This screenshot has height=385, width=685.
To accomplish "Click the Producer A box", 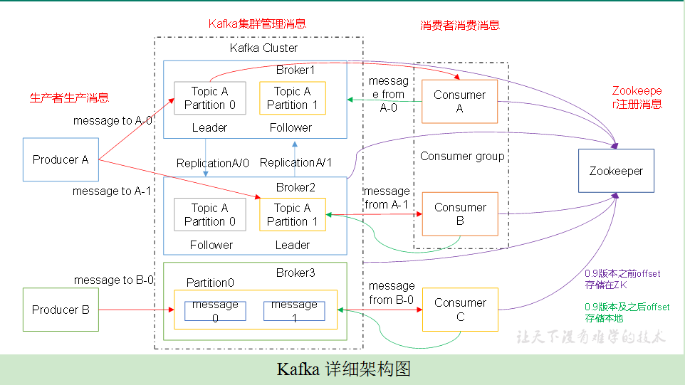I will pos(61,159).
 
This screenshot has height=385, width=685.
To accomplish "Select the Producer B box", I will pos(61,310).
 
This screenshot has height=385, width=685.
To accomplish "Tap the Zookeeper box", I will pos(616,171).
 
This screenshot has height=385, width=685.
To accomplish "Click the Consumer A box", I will pos(459,101).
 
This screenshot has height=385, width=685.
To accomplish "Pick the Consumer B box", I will pos(459,214).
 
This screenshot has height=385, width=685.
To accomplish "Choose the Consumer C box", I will pos(459,310).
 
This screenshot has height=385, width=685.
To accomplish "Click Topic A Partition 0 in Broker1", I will pos(210,98).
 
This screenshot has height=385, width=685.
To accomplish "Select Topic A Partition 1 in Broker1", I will pos(293,98).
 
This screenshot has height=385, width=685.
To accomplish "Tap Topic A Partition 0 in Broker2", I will pos(210,215).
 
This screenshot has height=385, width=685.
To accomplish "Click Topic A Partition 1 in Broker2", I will pos(293,215).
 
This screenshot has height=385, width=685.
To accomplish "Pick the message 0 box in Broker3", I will pos(215,311).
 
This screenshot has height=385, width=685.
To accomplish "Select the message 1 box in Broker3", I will pos(294,311).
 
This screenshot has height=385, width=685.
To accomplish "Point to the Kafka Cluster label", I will pos(263,48).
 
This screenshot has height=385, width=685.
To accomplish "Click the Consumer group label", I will pos(462,156).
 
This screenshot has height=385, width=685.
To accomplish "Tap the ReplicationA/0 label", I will pos(213,163).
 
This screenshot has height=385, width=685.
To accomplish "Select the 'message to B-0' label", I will pos(114,280).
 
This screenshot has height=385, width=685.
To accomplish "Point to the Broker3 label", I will pos(296,273).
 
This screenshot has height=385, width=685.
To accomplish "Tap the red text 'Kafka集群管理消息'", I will pos(257,23).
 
